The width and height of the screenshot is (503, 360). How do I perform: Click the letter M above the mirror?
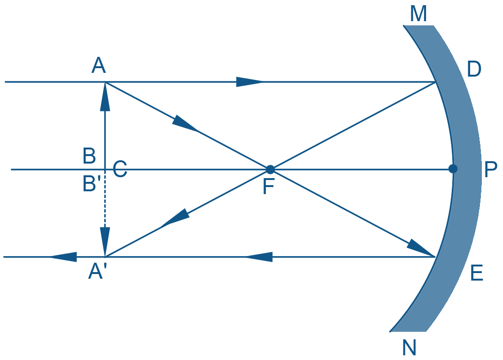pos(418,14)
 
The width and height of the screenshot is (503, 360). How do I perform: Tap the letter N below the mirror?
pos(409,347)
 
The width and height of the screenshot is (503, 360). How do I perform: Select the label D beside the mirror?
pos(474,69)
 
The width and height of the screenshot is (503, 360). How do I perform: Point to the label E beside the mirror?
pos(477,273)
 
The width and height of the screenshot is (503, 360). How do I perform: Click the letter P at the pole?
pos(491,169)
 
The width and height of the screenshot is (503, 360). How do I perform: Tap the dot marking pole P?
pos(453,169)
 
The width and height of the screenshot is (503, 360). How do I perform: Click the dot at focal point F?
pos(270,169)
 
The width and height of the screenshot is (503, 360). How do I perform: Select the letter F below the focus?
pos(269,187)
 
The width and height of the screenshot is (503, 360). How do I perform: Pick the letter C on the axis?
pos(120,169)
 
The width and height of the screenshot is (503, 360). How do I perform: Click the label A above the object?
pos(99,65)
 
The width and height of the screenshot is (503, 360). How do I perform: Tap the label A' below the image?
pos(96,271)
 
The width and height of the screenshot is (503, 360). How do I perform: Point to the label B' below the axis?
pos(92,184)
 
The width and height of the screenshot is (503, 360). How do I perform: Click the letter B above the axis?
pos(89,156)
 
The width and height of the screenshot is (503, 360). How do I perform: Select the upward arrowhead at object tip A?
pos(105,97)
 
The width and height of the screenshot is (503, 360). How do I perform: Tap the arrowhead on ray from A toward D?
pos(249,82)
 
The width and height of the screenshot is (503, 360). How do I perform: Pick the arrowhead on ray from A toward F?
pos(186,124)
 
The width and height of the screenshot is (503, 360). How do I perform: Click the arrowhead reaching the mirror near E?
pos(421,248)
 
